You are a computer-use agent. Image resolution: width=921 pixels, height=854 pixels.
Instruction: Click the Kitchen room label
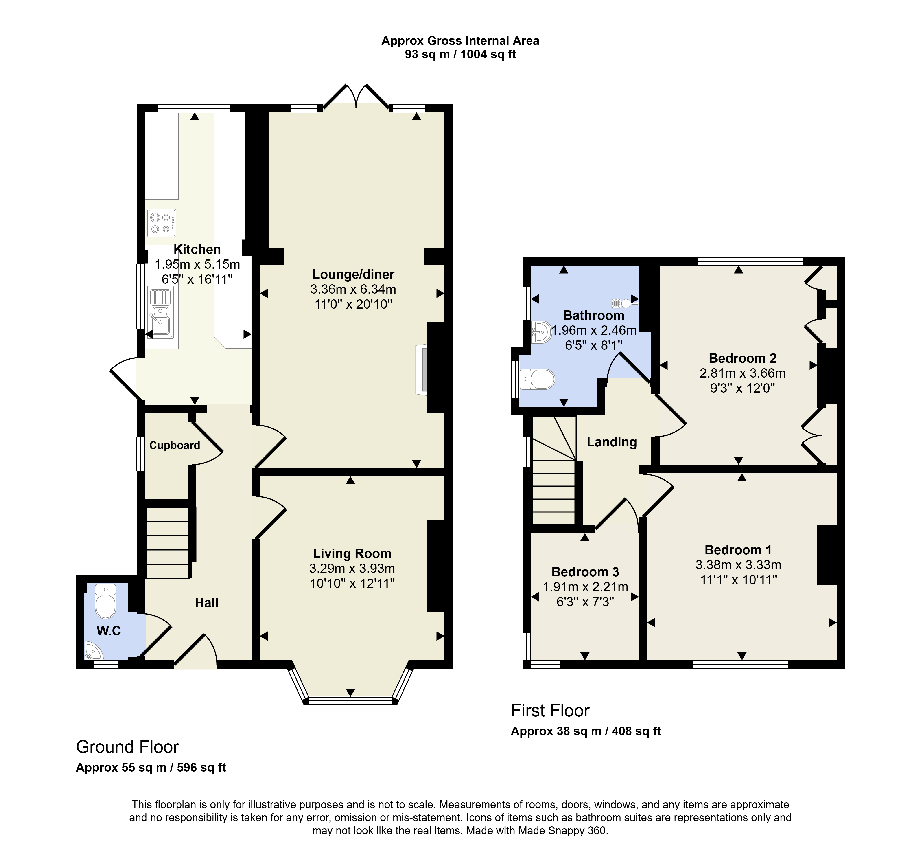[197, 250]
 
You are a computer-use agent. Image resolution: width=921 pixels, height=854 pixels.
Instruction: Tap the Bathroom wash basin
[541, 332]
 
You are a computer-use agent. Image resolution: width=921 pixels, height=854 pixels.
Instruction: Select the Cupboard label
[175, 446]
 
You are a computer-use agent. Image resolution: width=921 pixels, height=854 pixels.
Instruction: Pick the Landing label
[612, 442]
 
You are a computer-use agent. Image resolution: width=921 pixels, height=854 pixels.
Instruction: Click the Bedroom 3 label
[585, 572]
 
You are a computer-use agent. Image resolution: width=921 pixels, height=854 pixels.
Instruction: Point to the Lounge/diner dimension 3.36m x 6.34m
[353, 289]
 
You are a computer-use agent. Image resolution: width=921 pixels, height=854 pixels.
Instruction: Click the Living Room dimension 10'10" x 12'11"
[352, 583]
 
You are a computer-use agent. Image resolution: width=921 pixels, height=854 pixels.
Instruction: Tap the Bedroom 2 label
[743, 358]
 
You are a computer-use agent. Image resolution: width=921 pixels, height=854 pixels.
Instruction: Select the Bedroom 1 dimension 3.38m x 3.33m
[739, 565]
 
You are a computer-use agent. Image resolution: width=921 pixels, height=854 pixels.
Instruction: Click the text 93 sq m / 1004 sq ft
[460, 55]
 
